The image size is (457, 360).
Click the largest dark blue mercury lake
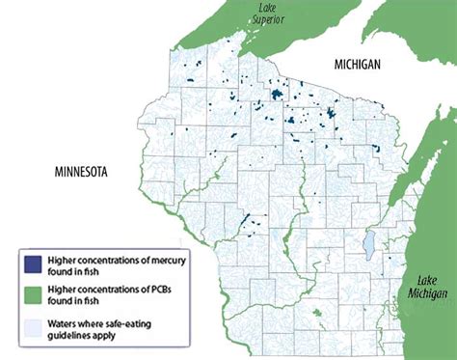click(276, 95)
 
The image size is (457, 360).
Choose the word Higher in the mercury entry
click(68, 257)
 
